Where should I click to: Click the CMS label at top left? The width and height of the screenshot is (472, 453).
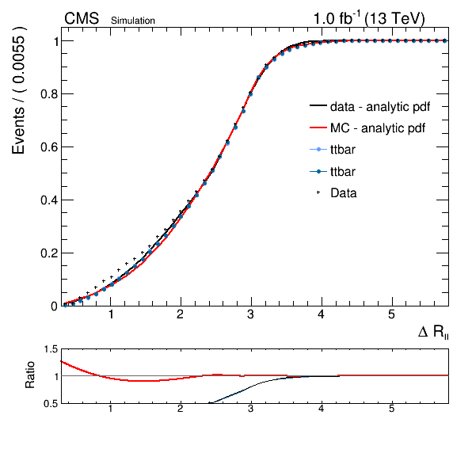(x=82, y=18)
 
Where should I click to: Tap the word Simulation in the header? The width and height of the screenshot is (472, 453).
(x=133, y=21)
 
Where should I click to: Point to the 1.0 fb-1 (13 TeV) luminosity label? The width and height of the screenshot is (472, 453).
(x=369, y=18)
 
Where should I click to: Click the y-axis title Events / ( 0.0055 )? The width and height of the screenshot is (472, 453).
(x=18, y=90)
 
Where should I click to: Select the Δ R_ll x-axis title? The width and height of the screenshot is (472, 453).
(x=433, y=332)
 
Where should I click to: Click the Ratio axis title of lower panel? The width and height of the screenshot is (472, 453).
(x=30, y=375)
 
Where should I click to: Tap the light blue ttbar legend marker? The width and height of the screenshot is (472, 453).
(x=318, y=150)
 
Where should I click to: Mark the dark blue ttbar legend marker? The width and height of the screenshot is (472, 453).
(x=318, y=172)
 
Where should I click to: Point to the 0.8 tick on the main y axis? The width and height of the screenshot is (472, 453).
(x=48, y=94)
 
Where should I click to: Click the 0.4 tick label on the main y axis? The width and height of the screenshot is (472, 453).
(x=48, y=200)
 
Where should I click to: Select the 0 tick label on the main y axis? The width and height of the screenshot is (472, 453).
(x=54, y=306)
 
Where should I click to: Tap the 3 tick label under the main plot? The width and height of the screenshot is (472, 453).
(x=250, y=314)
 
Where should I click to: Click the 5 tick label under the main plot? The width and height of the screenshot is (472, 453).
(x=391, y=314)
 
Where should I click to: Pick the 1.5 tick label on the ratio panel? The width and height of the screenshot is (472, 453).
(x=51, y=349)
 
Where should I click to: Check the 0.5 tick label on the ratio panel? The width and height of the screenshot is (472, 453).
(x=51, y=403)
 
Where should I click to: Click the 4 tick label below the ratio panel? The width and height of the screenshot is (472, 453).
(x=321, y=409)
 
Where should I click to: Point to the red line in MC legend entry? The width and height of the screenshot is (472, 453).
(x=318, y=128)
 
